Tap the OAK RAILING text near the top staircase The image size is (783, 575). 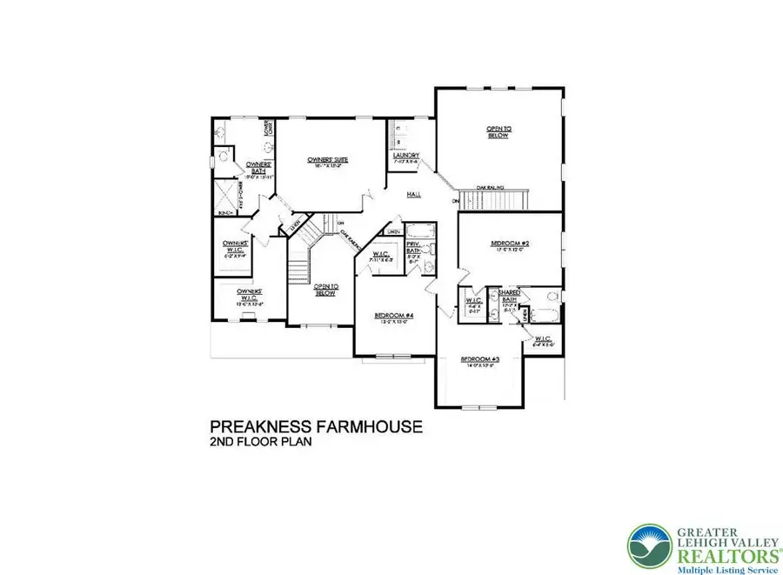point(492,185)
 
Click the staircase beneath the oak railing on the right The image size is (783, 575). point(493,198)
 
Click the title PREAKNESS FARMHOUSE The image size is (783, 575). point(316,427)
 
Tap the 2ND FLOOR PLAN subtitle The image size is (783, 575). point(260,442)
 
